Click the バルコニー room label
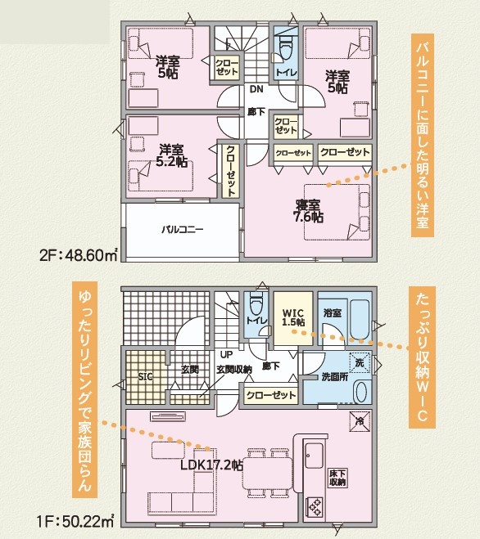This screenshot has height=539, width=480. point(183,229)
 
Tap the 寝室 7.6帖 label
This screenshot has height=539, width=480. point(308,211)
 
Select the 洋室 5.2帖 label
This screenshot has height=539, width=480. point(171,155)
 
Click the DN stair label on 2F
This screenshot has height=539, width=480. point(256,89)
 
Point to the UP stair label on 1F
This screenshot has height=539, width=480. point(227,354)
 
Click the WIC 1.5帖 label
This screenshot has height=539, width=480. point(293,317)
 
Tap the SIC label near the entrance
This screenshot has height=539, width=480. point(145,377)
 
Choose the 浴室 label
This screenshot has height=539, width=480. point(333,312)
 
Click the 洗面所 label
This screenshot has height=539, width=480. point(335,377)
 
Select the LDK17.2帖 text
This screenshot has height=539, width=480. point(212,465)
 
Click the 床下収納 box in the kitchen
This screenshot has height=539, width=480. point(337,478)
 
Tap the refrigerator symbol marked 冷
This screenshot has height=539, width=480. point(360,421)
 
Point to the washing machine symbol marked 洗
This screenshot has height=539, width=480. point(360,362)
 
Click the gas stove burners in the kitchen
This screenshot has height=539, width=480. point(315,507)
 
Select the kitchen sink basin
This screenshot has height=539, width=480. point(314,456)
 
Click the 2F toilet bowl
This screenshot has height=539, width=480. point(285,47)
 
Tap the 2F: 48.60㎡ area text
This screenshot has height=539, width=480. point(79,255)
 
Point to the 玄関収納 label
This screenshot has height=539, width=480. point(234,370)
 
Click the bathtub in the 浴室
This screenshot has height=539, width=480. point(360,320)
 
